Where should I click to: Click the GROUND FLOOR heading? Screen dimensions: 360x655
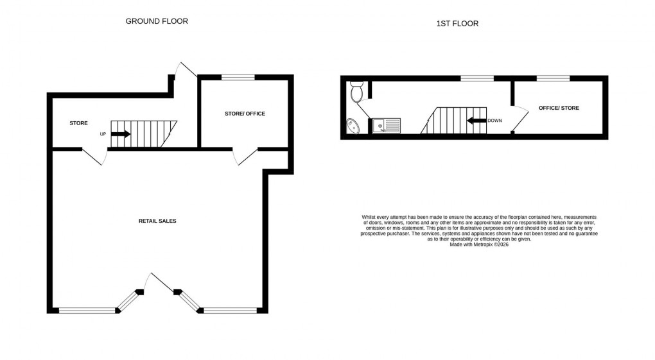pyautogui.click(x=157, y=21)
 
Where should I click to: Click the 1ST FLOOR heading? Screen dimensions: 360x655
pyautogui.click(x=457, y=24)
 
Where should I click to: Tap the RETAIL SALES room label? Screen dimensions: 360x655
pyautogui.click(x=157, y=221)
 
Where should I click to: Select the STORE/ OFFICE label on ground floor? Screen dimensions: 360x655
pyautogui.click(x=245, y=114)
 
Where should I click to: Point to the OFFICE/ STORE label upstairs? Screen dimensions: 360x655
pyautogui.click(x=559, y=108)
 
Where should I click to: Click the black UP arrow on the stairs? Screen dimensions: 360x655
pyautogui.click(x=121, y=134)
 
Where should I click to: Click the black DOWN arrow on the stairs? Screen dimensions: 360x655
pyautogui.click(x=476, y=121)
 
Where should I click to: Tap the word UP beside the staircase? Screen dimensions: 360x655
pyautogui.click(x=103, y=134)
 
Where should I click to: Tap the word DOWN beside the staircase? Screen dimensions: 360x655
pyautogui.click(x=494, y=121)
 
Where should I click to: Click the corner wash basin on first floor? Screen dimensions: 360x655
pyautogui.click(x=353, y=127)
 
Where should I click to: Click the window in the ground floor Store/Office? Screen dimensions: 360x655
pyautogui.click(x=238, y=78)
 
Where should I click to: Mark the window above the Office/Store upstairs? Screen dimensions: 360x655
pyautogui.click(x=553, y=78)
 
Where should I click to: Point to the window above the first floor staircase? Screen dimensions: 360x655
pyautogui.click(x=477, y=78)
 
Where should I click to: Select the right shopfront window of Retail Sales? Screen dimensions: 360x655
pyautogui.click(x=230, y=311)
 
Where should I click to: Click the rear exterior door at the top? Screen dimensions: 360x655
pyautogui.click(x=186, y=71)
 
